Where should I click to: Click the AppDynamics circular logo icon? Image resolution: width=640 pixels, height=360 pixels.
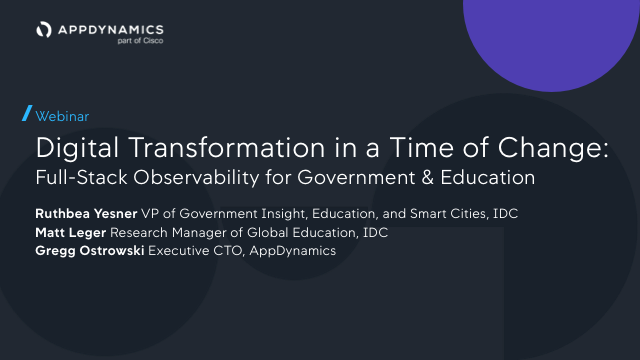coord(44,29)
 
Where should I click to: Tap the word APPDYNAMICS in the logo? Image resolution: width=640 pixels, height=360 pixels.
coord(111,30)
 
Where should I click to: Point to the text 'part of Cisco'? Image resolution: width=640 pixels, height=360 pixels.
coord(140,40)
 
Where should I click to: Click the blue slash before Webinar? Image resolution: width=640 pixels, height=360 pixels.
coord(27,113)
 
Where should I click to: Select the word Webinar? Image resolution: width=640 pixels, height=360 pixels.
coord(62,116)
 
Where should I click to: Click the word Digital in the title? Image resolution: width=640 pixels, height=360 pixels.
coord(77,148)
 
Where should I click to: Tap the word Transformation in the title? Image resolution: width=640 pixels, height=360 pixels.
coord(227,147)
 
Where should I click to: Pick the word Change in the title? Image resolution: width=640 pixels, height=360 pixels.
coord(549,148)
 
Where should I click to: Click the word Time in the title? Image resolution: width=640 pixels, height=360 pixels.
coord(421,147)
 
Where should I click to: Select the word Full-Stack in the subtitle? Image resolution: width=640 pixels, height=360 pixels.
coord(81,178)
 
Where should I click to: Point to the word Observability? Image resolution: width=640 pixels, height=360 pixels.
coord(196,178)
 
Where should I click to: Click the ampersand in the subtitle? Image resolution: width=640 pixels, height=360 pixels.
coord(428,178)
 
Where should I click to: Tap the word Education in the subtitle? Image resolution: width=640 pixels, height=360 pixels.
coord(488,178)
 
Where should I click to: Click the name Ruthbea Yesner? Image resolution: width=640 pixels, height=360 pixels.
coord(86,213)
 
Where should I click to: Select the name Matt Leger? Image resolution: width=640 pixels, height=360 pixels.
coord(71,233)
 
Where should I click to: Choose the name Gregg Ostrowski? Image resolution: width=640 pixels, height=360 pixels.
coord(90,251)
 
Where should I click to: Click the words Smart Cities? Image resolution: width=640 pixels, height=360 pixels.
coord(448,213)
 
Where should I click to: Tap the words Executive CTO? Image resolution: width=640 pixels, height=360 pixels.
coord(195,251)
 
